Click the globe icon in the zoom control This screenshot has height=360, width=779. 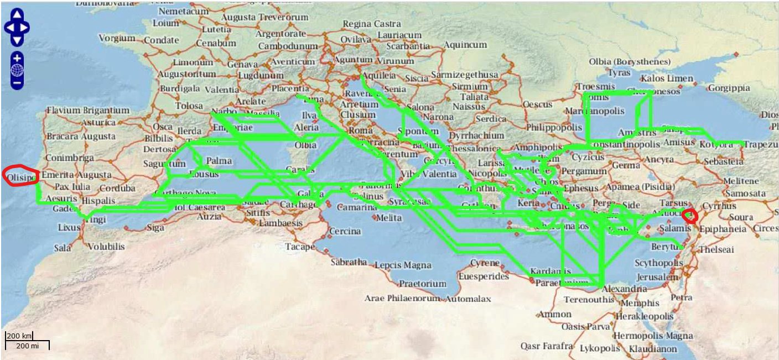17,70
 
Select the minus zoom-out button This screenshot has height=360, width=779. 17,83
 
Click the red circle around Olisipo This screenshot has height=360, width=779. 20,176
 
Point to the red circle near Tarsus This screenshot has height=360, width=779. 689,216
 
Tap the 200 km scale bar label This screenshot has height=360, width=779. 18,336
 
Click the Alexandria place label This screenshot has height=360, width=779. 624,289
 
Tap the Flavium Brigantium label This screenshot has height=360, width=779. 87,111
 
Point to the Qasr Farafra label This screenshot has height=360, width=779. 546,346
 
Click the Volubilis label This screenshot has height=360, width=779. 106,247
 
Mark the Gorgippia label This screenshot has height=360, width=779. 729,88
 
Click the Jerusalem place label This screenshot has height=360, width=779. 657,276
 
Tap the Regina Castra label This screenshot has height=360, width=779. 372,24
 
